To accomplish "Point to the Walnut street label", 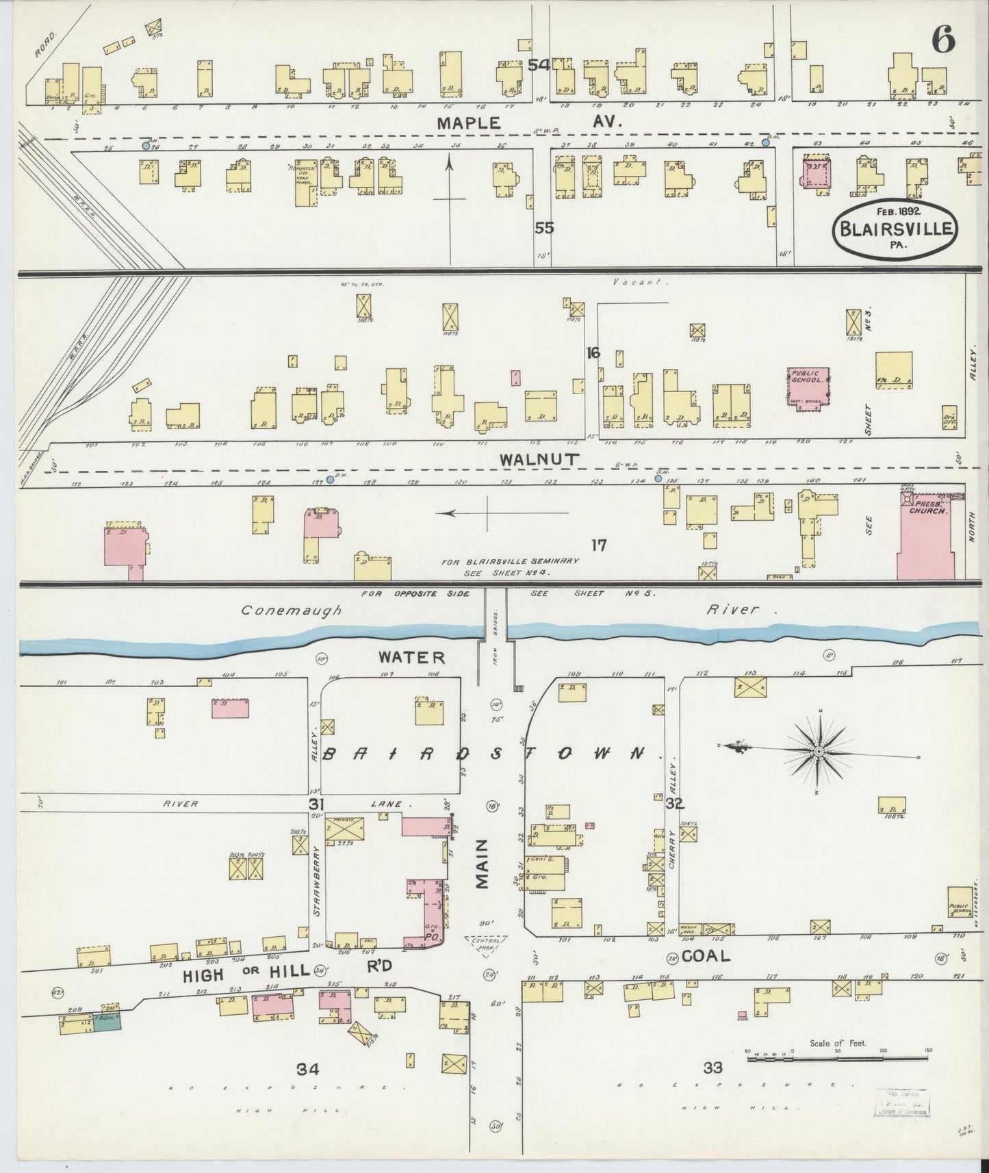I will (530, 460).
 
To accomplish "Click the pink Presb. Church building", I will (926, 537).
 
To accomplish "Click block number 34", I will (308, 1068).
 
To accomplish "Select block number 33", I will (712, 1067).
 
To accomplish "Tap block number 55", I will (544, 228).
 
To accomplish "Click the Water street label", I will (412, 657).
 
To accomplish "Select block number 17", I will (600, 545).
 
